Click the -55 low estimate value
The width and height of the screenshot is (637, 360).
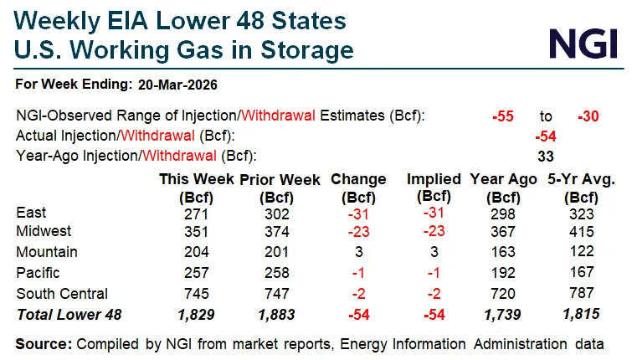(x=503, y=116)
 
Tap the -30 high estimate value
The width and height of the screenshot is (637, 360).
(x=588, y=116)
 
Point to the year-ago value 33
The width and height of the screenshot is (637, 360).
(x=546, y=155)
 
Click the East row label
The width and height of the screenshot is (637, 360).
(x=32, y=213)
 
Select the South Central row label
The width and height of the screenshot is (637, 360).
(x=62, y=293)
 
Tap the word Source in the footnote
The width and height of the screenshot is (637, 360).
(x=44, y=343)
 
